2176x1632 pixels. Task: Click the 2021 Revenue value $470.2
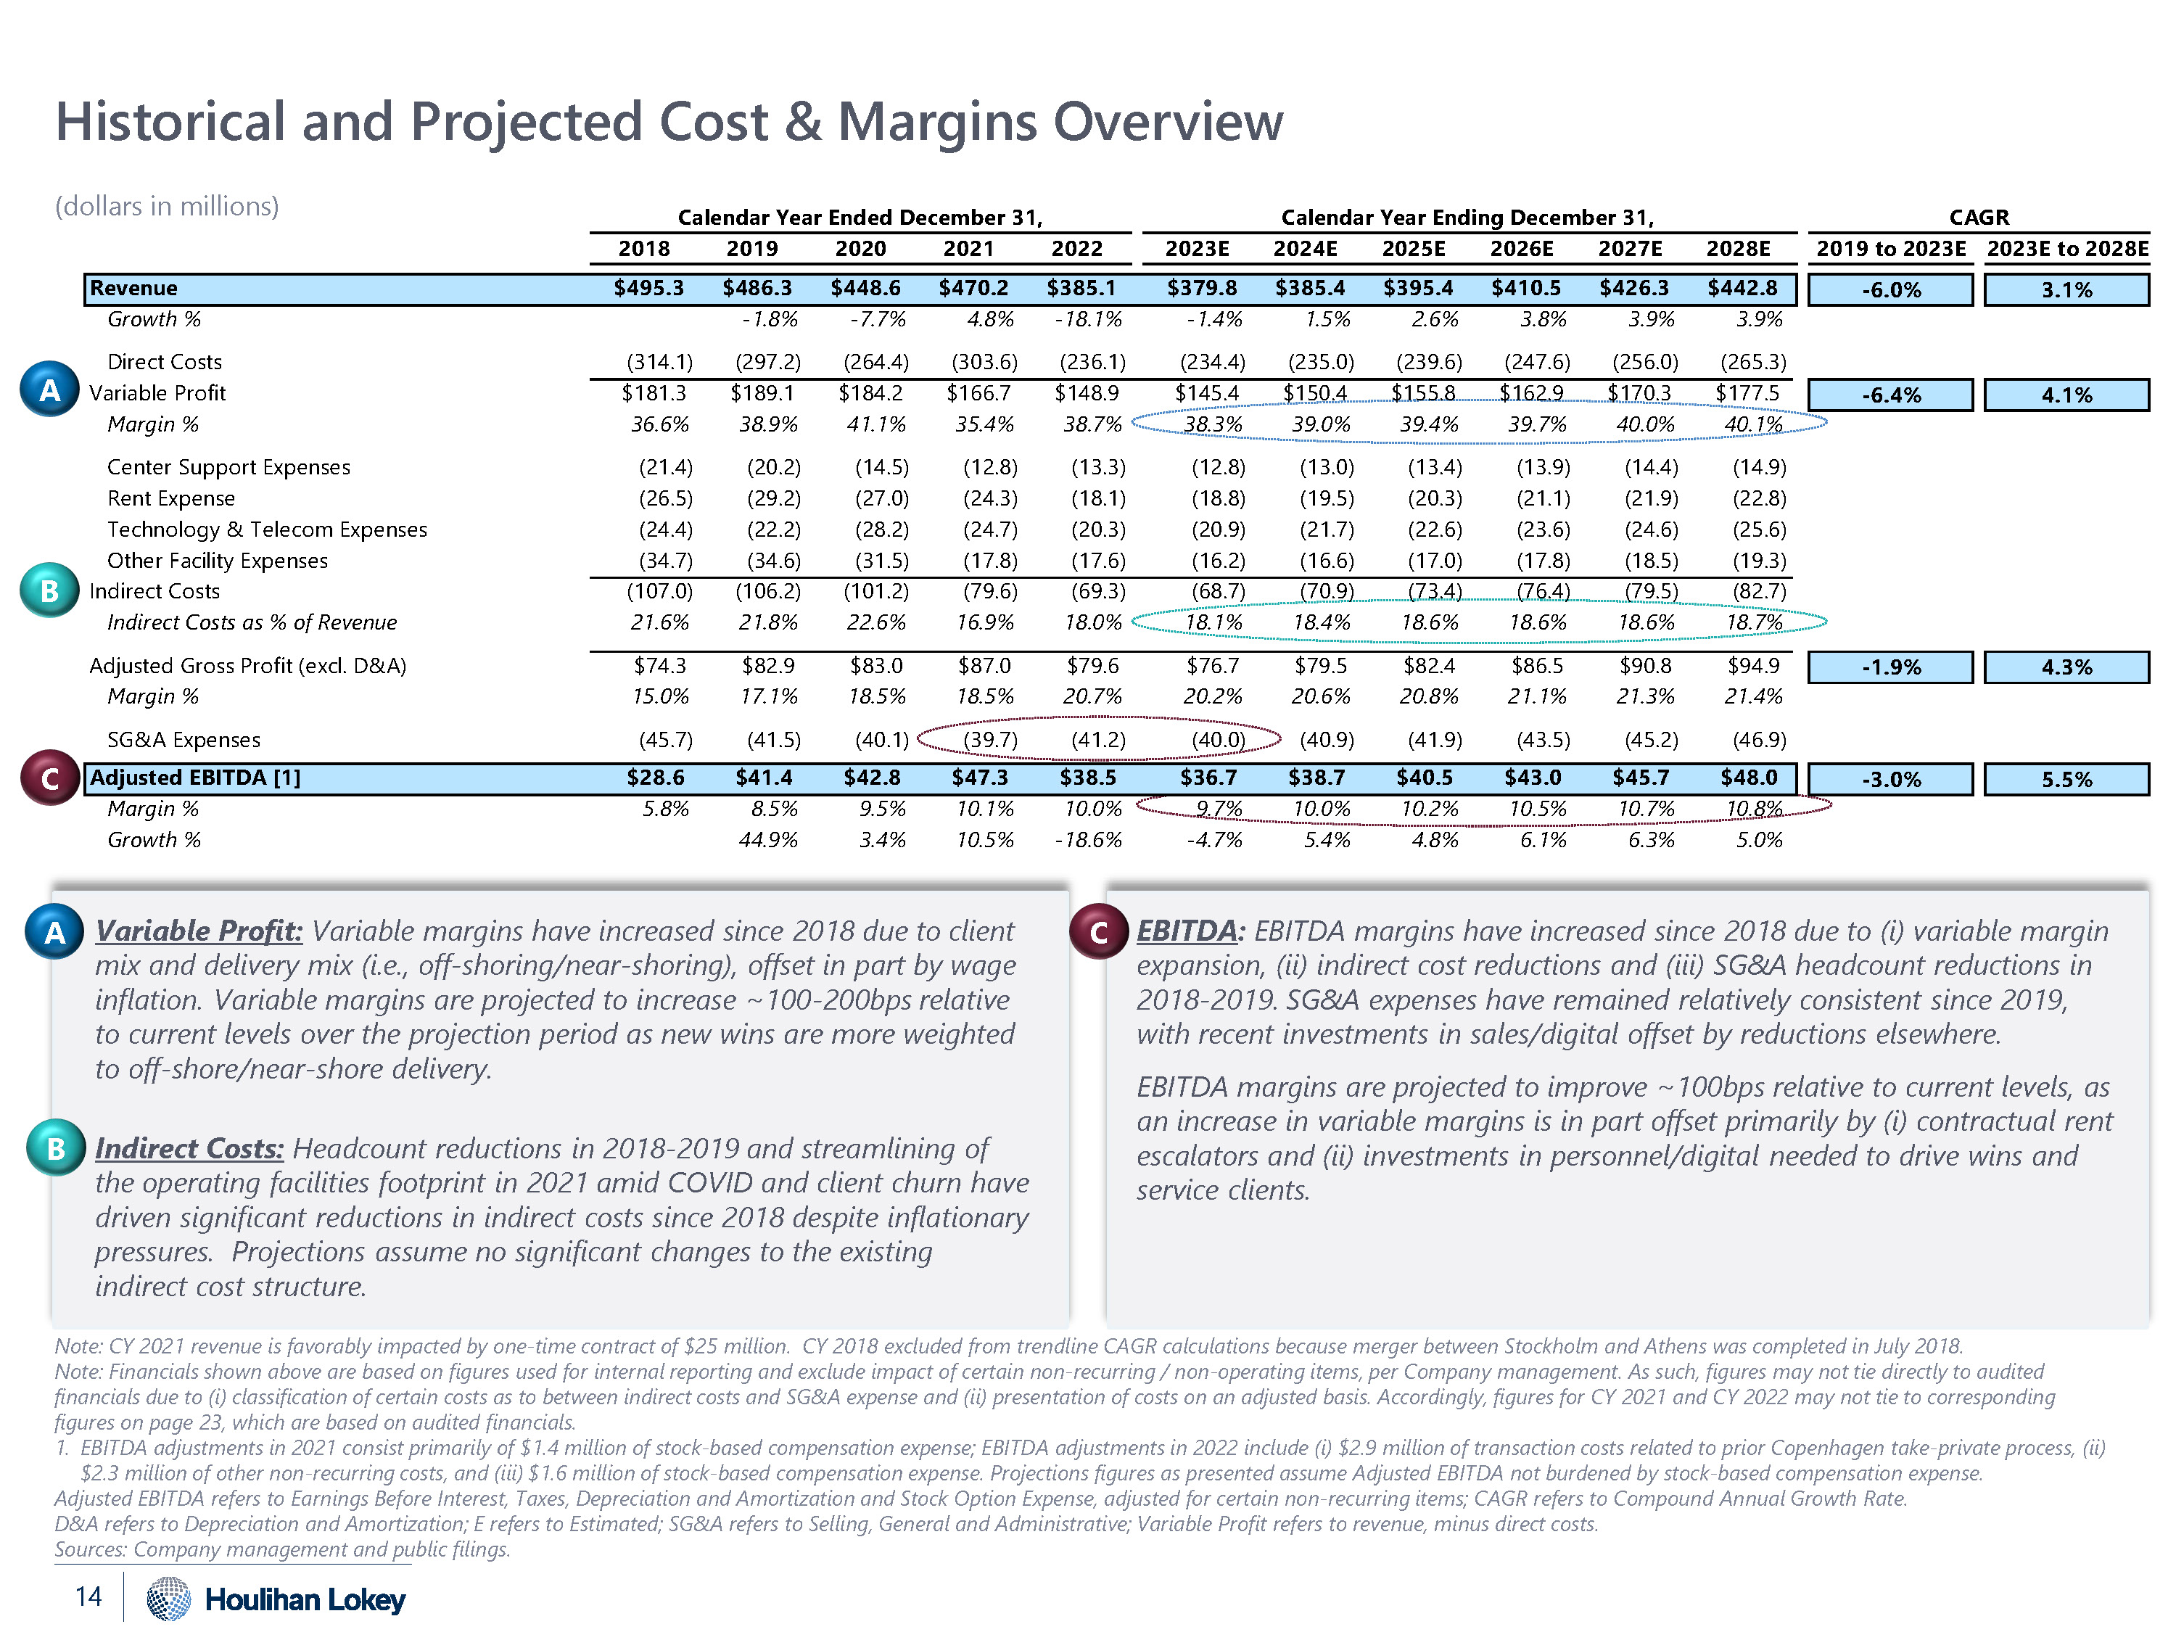pyautogui.click(x=973, y=288)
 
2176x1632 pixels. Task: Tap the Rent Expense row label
pyautogui.click(x=171, y=499)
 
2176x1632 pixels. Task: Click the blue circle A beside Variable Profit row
pyautogui.click(x=49, y=390)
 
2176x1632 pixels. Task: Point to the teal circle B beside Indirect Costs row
pyautogui.click(x=49, y=590)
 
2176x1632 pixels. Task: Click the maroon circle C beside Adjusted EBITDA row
pyautogui.click(x=50, y=778)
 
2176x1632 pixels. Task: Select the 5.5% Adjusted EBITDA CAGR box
pyautogui.click(x=2066, y=779)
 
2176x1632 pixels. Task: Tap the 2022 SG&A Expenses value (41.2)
pyautogui.click(x=1098, y=740)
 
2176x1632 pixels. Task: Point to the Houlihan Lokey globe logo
pyautogui.click(x=168, y=1598)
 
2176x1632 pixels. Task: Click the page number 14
pyautogui.click(x=88, y=1596)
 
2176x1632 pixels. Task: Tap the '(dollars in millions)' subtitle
pyautogui.click(x=168, y=207)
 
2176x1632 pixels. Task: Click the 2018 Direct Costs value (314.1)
pyautogui.click(x=659, y=362)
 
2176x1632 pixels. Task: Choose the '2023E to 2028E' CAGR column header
pyautogui.click(x=2066, y=249)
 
